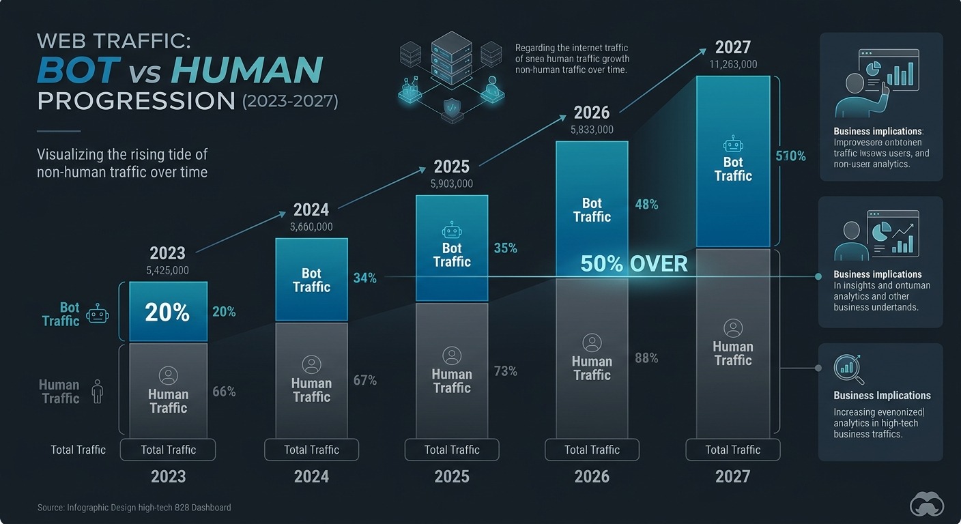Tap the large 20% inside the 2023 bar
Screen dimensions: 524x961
pyautogui.click(x=167, y=312)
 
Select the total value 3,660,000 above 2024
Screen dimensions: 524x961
pyautogui.click(x=311, y=227)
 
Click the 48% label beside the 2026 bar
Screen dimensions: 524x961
pyautogui.click(x=646, y=204)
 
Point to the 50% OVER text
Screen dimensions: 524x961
pyautogui.click(x=634, y=264)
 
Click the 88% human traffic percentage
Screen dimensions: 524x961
pyautogui.click(x=646, y=358)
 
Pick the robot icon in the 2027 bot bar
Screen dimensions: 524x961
pyautogui.click(x=732, y=144)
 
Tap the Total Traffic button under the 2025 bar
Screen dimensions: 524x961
pyautogui.click(x=452, y=450)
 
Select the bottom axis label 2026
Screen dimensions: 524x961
pyautogui.click(x=592, y=476)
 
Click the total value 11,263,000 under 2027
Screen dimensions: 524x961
pyautogui.click(x=732, y=64)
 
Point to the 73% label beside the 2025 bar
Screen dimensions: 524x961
pyautogui.click(x=505, y=371)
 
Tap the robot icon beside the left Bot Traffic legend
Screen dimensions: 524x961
pyautogui.click(x=98, y=315)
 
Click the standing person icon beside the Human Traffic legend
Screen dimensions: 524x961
pyautogui.click(x=97, y=392)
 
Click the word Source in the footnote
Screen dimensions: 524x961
pyautogui.click(x=51, y=508)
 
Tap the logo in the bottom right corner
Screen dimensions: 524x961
pyautogui.click(x=927, y=505)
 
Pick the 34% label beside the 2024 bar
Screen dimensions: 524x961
pyautogui.click(x=364, y=278)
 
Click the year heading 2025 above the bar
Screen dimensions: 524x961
pyautogui.click(x=452, y=166)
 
